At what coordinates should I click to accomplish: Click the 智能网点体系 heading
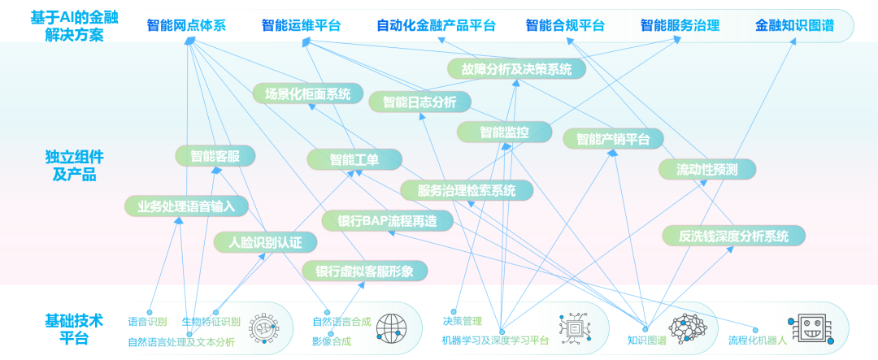click(186, 25)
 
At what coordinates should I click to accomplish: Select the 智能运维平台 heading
click(302, 25)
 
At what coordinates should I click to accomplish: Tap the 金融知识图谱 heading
click(794, 25)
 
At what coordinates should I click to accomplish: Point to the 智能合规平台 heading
click(565, 25)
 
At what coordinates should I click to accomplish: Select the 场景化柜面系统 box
click(308, 93)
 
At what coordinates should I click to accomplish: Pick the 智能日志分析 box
click(419, 102)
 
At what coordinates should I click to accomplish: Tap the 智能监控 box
click(504, 132)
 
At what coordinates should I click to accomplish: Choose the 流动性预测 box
click(707, 169)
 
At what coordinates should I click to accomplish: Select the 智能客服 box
click(215, 156)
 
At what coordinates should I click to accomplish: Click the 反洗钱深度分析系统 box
click(734, 236)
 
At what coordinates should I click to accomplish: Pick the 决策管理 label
click(462, 322)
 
